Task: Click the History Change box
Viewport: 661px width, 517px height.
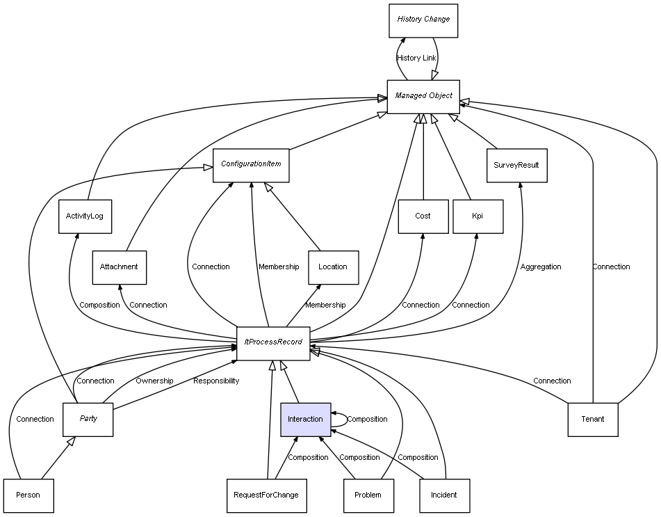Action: pos(423,19)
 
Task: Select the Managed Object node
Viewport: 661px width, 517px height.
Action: pos(423,96)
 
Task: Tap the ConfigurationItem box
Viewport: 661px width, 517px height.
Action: pos(250,165)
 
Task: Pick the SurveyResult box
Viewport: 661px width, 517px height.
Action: pos(516,166)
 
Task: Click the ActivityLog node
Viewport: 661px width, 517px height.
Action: pos(85,216)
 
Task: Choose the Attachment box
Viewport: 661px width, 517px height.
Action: pos(119,267)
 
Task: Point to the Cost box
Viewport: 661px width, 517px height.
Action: pos(423,216)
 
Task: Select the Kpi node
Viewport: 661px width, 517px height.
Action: pos(478,216)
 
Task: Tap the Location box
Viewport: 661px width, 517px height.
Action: pos(333,267)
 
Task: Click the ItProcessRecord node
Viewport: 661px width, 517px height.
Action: pos(273,343)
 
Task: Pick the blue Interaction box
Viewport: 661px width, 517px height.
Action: pos(305,420)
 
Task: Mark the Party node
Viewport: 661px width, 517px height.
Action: pos(88,420)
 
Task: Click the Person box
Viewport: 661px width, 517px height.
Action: pos(28,495)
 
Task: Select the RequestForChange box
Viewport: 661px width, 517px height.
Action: pos(266,495)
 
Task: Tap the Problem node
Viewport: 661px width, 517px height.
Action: pos(368,495)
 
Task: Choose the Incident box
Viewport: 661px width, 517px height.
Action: pos(444,495)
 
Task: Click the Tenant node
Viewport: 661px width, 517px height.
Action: pos(592,420)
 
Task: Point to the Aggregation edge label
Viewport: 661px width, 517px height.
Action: pos(541,267)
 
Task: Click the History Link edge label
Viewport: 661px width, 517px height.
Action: pos(417,58)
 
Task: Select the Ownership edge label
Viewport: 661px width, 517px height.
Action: pos(154,381)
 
